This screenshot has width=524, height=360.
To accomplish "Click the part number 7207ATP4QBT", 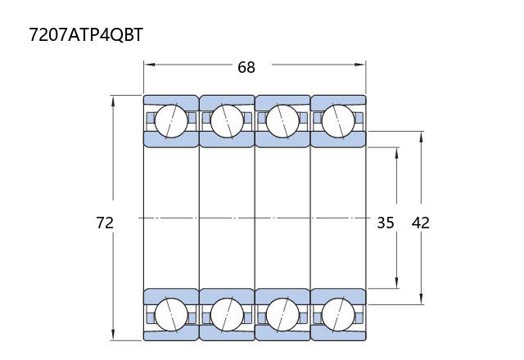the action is click(x=86, y=34).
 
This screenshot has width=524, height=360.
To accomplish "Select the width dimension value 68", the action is click(x=246, y=67).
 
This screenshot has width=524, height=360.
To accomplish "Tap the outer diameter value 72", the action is click(x=105, y=223).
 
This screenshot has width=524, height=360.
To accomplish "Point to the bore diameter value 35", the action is click(x=386, y=223).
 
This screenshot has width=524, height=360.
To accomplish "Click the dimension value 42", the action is click(x=420, y=223).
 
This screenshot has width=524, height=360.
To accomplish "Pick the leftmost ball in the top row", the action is click(x=171, y=121).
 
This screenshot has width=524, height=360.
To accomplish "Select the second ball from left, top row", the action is click(x=227, y=121).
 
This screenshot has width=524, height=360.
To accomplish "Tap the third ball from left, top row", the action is click(x=282, y=121).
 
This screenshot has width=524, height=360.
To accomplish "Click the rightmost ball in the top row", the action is click(x=338, y=121).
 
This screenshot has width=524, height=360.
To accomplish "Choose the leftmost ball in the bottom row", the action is click(x=171, y=315).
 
